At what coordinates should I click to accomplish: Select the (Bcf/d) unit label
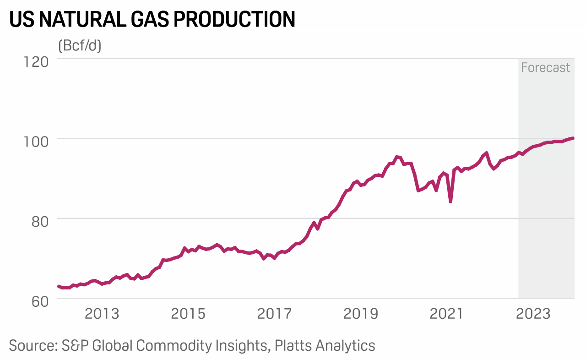tap(80, 46)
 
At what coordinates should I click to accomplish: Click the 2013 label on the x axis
tap(102, 314)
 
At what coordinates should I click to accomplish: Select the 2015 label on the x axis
tap(188, 314)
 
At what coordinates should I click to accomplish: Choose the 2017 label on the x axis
tap(274, 314)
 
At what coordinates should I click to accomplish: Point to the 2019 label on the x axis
tap(360, 314)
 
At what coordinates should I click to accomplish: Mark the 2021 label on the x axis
tap(446, 314)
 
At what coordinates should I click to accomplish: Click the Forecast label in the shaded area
tap(545, 68)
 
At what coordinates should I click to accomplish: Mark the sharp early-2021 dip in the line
tap(450, 201)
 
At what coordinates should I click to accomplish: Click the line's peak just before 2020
tap(397, 157)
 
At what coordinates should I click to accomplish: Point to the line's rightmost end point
tap(573, 138)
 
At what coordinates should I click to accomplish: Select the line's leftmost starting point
tap(59, 286)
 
